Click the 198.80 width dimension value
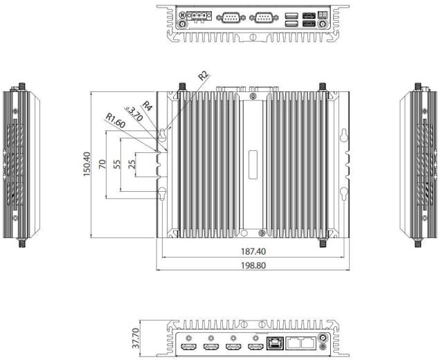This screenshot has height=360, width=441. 253,265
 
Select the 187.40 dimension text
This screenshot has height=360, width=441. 253,251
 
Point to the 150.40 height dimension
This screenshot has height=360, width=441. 87,164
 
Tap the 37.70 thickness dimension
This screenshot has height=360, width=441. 136,338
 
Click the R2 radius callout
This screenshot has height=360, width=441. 204,76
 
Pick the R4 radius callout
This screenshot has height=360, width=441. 147,106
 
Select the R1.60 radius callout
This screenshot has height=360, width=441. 115,120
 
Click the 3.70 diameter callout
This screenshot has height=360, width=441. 134,114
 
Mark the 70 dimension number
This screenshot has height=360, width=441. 102,164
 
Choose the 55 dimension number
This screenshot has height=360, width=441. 116,164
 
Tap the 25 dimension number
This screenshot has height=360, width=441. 132,164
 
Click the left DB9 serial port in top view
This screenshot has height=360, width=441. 231,18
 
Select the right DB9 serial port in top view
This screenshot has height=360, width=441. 264,18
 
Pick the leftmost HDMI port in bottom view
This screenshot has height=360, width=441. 189,347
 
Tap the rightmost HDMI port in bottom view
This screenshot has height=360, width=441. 255,347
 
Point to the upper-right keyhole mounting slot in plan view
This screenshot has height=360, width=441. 343,135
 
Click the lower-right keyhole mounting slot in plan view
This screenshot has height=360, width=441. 343,194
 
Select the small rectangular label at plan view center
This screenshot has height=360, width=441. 253,165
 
